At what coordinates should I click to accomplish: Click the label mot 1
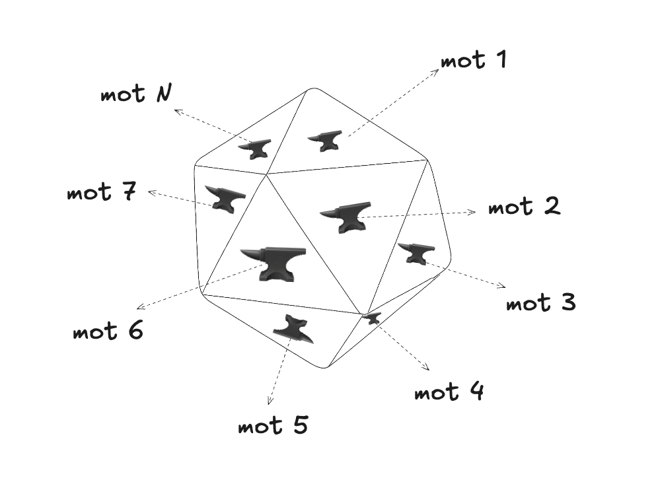474,60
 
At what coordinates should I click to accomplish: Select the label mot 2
524,206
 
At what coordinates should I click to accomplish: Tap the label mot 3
541,302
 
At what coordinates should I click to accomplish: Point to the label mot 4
449,392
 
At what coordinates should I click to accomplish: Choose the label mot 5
274,425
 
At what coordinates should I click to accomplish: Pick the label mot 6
108,330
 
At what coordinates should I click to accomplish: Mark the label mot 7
102,191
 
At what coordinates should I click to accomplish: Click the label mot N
136,93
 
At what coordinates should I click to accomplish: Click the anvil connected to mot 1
325,141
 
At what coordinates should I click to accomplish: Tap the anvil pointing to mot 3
416,253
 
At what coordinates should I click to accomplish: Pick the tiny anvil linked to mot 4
372,318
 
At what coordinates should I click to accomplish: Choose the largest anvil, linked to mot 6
274,263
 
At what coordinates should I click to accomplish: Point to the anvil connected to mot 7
225,199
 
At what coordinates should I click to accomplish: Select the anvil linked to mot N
255,149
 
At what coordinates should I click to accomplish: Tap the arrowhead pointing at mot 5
270,401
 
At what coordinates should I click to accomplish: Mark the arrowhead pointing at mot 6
140,307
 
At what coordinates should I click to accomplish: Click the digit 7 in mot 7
129,191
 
